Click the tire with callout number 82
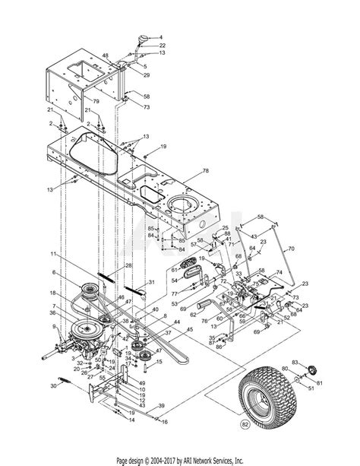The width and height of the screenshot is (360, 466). [263, 395]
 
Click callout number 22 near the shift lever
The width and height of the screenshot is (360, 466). [162, 46]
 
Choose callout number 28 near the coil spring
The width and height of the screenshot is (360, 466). [128, 265]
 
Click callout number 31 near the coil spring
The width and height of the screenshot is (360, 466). [152, 282]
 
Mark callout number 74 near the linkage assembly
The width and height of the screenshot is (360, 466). [279, 272]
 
